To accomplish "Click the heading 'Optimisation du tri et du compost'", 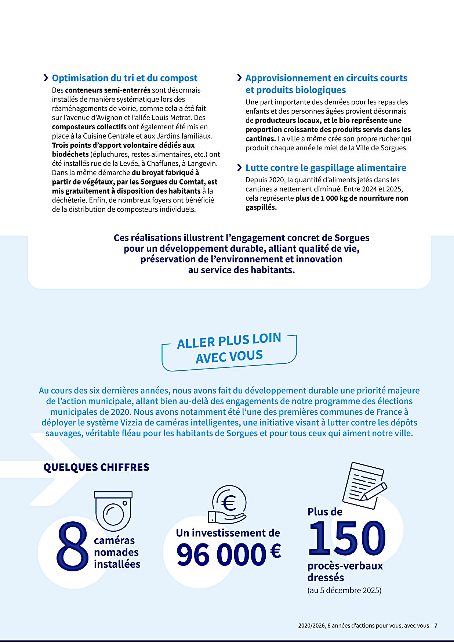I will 124,78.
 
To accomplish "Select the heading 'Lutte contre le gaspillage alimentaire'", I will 326,168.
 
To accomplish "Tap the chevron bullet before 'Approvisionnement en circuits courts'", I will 239,78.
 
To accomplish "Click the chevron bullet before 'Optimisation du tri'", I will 46,78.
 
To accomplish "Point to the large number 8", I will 72,546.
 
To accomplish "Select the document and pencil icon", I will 364,485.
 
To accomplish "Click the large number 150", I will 347,538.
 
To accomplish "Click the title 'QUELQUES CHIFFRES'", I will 96,467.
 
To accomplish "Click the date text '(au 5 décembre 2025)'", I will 344,590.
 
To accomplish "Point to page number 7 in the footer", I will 436,625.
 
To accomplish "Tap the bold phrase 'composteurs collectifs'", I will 89,127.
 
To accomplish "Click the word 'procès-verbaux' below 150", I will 345,566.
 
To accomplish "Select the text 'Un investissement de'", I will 228,533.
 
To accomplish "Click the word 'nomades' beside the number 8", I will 116,552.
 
